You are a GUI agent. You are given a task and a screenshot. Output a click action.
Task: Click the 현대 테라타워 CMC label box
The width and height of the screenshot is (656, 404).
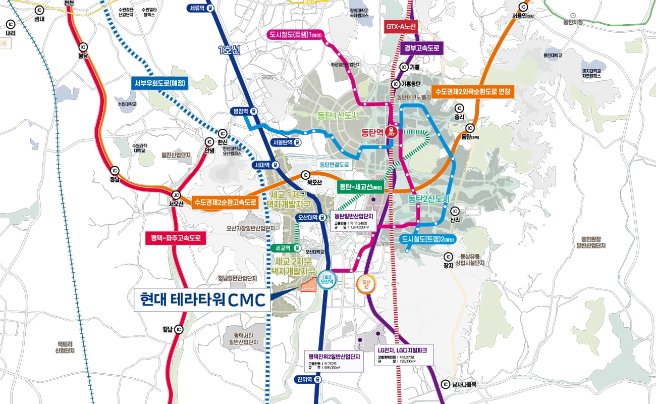(x=202, y=299)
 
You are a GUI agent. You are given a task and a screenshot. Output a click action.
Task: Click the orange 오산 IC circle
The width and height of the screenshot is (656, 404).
(x=365, y=284)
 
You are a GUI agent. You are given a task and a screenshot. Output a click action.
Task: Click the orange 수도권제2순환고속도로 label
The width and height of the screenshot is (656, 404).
(x=225, y=203)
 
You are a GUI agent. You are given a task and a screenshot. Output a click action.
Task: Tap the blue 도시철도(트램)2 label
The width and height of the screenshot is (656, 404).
(x=428, y=239)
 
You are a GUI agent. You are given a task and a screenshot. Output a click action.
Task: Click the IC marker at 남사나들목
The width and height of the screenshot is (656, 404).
(x=445, y=384)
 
